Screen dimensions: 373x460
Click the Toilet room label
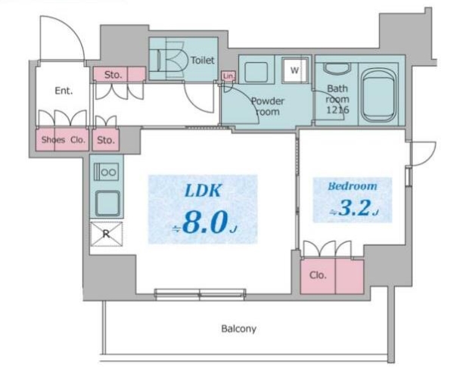[x=202, y=60]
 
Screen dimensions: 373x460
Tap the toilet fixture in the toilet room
[x=168, y=61]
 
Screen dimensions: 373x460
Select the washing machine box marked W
[x=294, y=71]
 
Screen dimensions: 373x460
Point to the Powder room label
[x=266, y=106]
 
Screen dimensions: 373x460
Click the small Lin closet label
[x=228, y=76]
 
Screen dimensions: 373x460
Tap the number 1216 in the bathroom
[x=337, y=110]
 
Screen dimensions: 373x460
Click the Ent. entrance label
[x=64, y=91]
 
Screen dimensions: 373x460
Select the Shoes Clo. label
[x=63, y=140]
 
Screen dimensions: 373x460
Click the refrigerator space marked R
[x=106, y=234]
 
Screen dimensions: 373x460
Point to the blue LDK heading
[x=202, y=191]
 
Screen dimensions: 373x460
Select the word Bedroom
[x=352, y=186]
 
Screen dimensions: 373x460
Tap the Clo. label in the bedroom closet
[x=318, y=275]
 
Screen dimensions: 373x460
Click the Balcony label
[x=239, y=328]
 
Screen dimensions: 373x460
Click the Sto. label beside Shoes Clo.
[x=105, y=140]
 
